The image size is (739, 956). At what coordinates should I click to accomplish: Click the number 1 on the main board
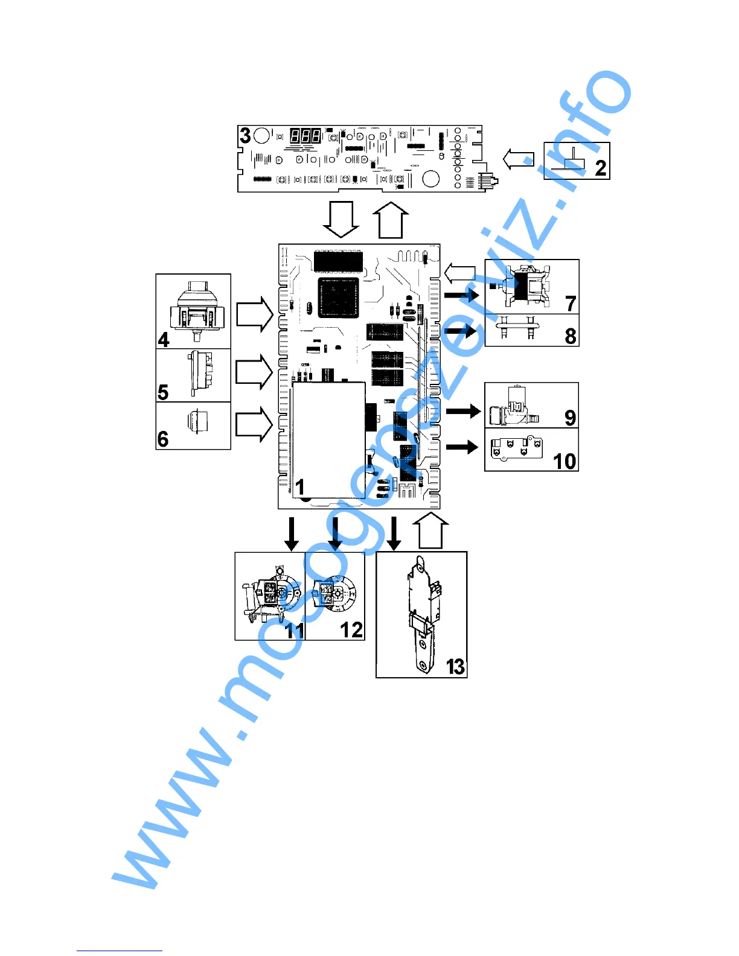299,486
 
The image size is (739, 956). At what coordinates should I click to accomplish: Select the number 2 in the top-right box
600,167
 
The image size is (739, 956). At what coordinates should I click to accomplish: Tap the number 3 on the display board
245,135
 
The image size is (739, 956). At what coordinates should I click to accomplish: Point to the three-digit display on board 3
306,135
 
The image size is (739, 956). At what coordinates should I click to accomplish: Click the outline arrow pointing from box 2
519,159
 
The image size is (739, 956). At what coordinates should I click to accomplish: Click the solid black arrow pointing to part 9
463,411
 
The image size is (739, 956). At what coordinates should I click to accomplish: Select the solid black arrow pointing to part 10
462,447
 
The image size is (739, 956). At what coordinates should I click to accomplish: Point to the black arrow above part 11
292,534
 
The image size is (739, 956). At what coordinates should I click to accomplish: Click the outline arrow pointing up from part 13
430,531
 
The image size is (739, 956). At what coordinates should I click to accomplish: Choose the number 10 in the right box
565,461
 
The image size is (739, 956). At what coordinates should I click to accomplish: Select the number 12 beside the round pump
351,629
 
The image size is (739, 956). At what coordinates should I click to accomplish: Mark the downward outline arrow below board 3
341,219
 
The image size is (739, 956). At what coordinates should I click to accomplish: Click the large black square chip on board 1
339,298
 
